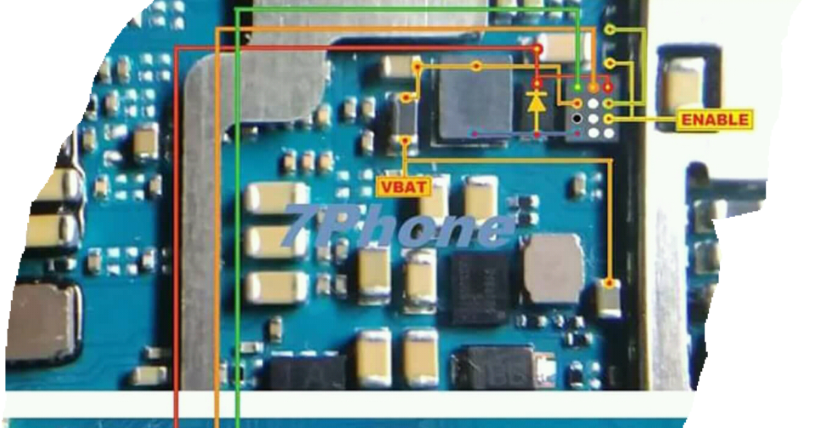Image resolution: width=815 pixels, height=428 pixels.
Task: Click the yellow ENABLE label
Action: click(715, 120)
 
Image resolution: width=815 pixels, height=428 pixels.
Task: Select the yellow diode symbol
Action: click(537, 103)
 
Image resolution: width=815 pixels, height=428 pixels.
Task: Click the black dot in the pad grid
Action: click(577, 119)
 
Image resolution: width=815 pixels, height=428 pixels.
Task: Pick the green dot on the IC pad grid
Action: click(577, 88)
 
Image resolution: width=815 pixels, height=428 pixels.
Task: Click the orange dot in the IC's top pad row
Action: click(593, 88)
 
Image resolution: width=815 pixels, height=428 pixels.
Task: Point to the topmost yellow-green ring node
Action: click(610, 30)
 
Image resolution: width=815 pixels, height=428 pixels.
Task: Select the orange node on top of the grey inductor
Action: click(477, 66)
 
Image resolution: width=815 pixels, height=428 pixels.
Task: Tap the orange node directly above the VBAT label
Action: click(406, 141)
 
